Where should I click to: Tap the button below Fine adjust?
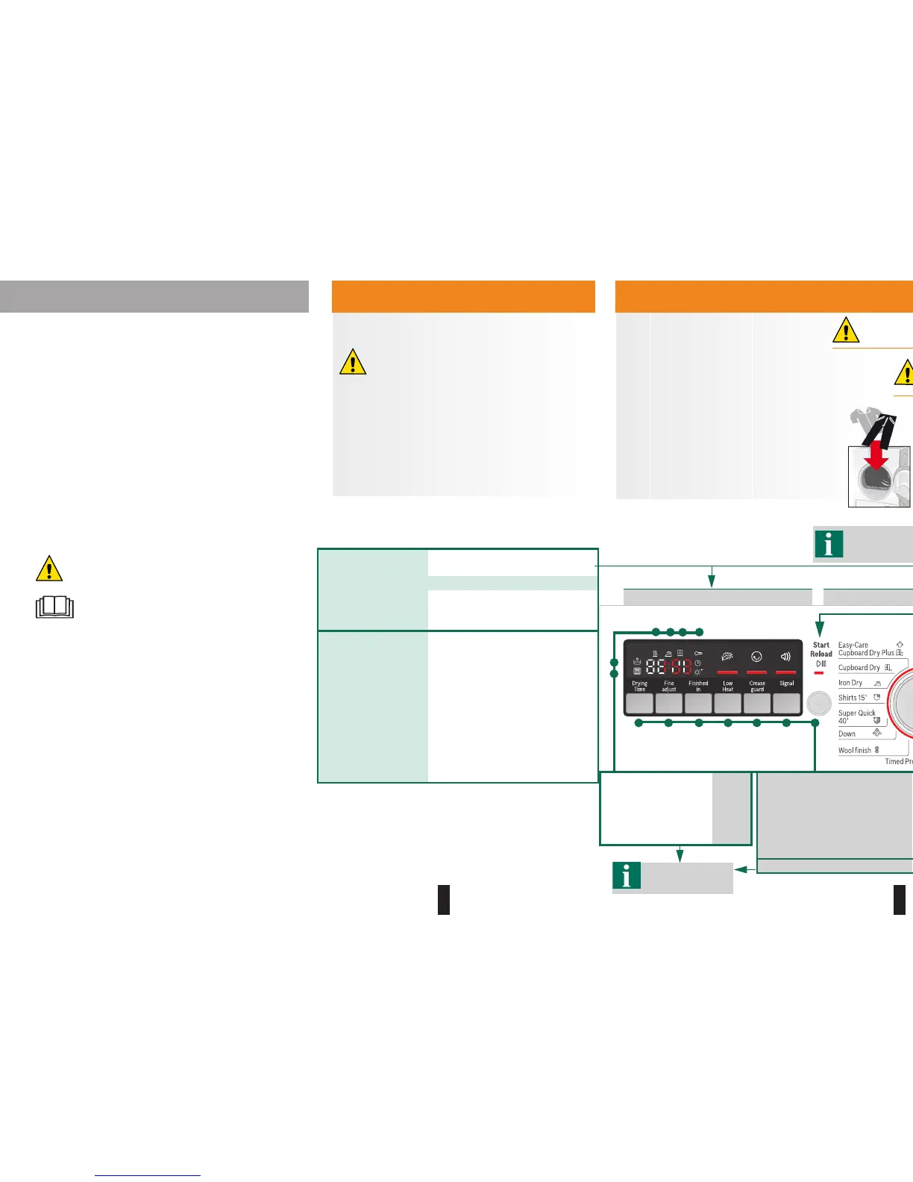point(668,703)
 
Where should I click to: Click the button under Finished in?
point(698,703)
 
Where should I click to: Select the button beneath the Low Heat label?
point(727,703)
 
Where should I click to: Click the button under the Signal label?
point(786,703)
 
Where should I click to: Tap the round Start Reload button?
point(818,703)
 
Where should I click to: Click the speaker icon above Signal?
point(785,657)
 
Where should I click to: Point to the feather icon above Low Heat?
point(727,657)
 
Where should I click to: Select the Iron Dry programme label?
point(850,683)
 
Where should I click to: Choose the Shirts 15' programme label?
point(853,698)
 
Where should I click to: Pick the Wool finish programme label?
point(854,750)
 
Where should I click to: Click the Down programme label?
point(847,734)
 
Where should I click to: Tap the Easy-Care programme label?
point(853,645)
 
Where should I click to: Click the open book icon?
point(54,607)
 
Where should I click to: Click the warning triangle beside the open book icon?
point(49,569)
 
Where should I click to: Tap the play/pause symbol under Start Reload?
point(821,663)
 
